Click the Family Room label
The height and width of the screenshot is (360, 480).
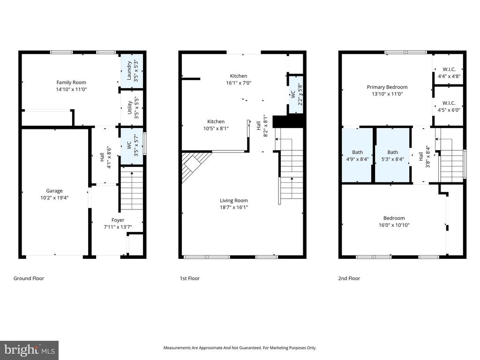[x=71, y=82]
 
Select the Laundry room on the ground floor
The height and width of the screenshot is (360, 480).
[x=132, y=69]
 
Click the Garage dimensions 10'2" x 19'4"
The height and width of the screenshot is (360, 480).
[x=54, y=198]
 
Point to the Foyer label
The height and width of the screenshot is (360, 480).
[x=118, y=220]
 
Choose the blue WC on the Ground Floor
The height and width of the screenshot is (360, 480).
[x=132, y=146]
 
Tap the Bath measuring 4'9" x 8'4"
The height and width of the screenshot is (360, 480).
[x=357, y=155]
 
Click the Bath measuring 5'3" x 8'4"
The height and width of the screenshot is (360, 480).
[x=392, y=155]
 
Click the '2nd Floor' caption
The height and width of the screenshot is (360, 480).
[x=349, y=278]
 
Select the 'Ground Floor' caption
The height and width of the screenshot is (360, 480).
[x=29, y=278]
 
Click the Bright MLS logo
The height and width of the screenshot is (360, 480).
[x=29, y=350]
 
